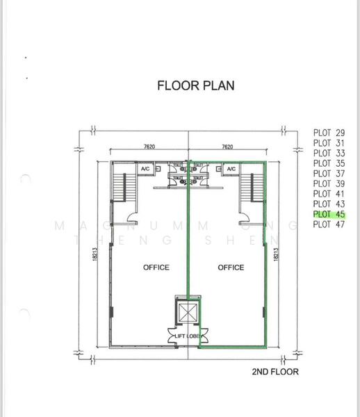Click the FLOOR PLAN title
(x=196, y=86)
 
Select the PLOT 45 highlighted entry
(x=329, y=214)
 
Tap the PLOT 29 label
(x=329, y=133)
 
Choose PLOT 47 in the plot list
(x=329, y=224)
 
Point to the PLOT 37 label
(x=329, y=174)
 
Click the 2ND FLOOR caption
(x=275, y=372)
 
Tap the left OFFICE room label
(x=156, y=267)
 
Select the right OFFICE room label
(x=231, y=267)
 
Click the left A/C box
(x=145, y=169)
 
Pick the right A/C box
(x=229, y=169)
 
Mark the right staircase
(x=248, y=186)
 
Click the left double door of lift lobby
(x=170, y=336)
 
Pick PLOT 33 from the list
(x=329, y=153)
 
